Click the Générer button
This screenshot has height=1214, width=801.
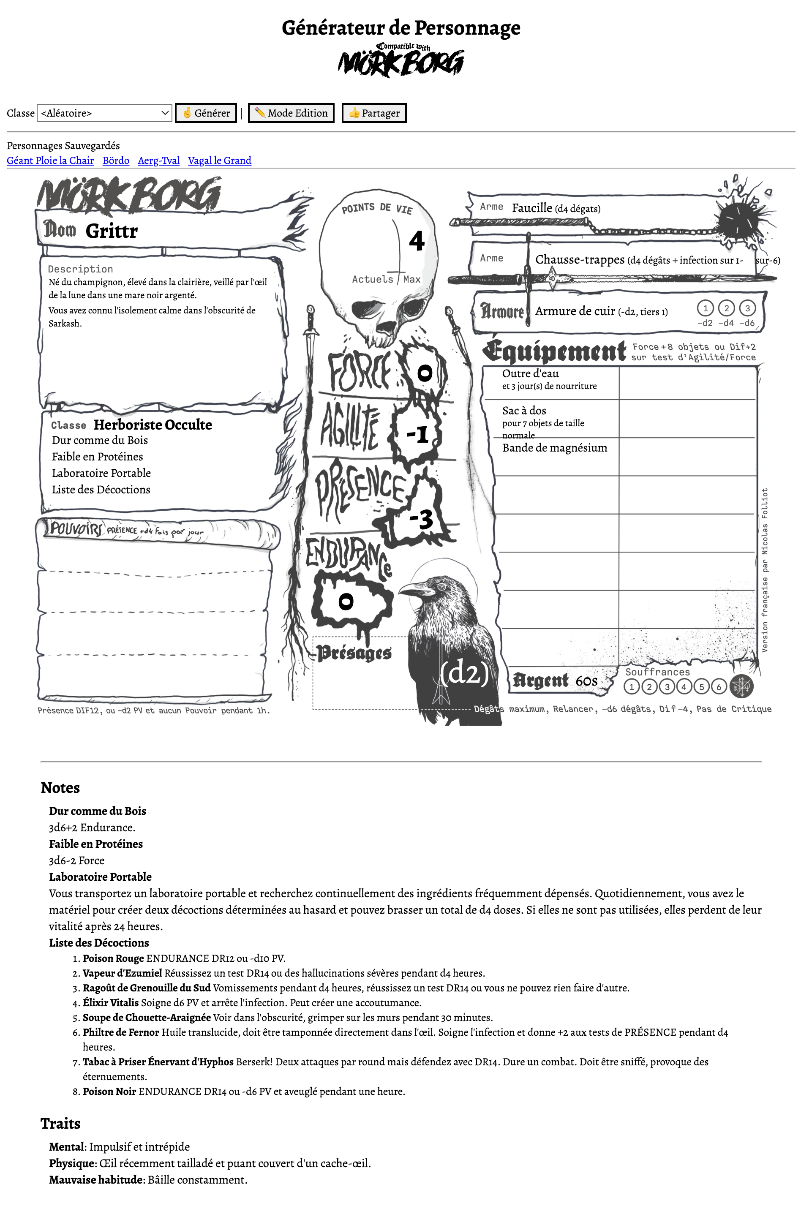coord(206,113)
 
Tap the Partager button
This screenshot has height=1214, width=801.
coord(374,113)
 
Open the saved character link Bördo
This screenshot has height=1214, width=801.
coord(116,161)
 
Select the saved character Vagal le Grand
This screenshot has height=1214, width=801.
coord(220,161)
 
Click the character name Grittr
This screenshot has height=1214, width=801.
coord(112,231)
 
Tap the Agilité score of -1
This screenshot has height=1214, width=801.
coord(417,435)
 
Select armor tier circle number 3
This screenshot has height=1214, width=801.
coord(747,308)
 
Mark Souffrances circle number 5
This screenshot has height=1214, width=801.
coord(701,687)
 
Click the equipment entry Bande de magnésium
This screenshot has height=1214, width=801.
coord(555,448)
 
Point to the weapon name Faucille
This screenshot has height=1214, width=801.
coord(532,208)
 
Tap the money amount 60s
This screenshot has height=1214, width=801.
coord(586,681)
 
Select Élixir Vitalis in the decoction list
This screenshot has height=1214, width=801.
coord(111,1002)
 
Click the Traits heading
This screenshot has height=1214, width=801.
coord(60,1124)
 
